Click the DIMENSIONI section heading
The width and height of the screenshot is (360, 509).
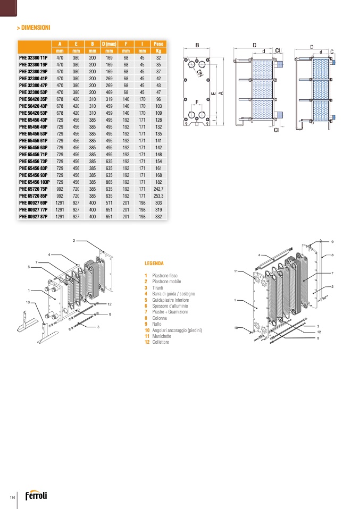tap(35, 27)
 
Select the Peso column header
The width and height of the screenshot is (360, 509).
tap(158, 44)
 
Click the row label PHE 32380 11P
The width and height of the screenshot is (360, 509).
tap(34, 57)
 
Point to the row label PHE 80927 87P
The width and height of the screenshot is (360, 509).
tap(34, 216)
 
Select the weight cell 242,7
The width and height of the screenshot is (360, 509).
tap(158, 189)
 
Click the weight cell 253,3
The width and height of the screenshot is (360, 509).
tap(158, 196)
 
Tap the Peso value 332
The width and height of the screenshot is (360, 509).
tap(158, 216)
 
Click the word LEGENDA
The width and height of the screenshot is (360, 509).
tap(154, 263)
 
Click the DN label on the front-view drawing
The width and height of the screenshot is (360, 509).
tap(199, 73)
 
